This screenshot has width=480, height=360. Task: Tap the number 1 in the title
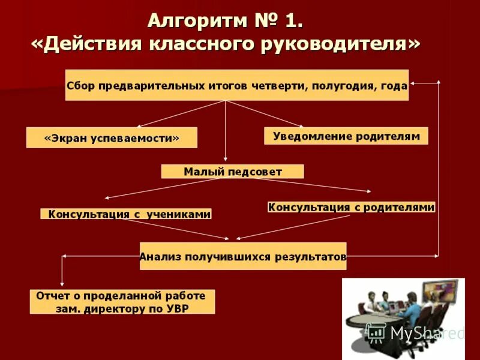click(x=292, y=20)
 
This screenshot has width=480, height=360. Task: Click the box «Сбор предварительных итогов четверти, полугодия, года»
click(x=236, y=85)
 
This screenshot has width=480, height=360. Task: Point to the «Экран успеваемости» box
click(x=112, y=137)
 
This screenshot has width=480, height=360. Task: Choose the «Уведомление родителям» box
click(x=346, y=136)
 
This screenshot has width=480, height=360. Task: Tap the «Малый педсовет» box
click(x=232, y=172)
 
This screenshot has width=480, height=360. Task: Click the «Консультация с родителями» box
click(x=351, y=207)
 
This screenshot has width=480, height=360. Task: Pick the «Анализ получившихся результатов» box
click(x=243, y=256)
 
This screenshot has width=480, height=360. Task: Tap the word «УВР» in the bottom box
click(x=193, y=310)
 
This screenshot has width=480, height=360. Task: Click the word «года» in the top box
click(x=394, y=86)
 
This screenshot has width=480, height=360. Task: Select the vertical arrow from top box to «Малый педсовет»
click(x=226, y=132)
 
